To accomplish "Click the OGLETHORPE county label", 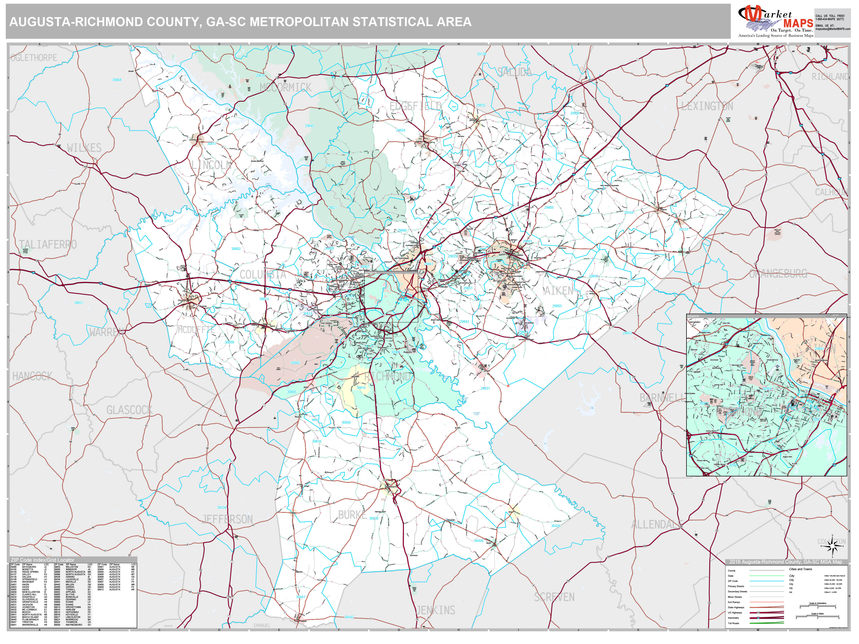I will pos(34,58).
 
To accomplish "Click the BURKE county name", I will pos(352,515).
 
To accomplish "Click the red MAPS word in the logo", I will pos(798,24).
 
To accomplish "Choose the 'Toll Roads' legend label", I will pos(733,623).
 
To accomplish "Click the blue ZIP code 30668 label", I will pos(117,80).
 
